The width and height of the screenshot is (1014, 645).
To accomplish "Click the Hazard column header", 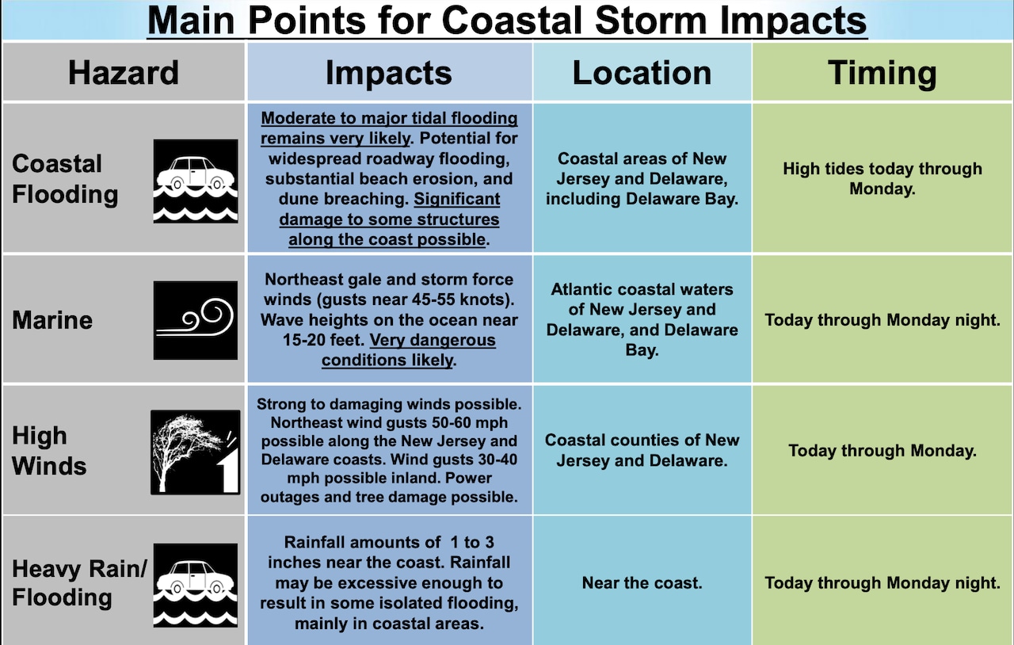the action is click(123, 72).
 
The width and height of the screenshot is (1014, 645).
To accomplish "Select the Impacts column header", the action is click(389, 72).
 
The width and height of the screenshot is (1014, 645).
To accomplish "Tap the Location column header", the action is click(642, 72).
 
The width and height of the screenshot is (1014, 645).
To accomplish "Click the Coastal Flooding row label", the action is click(65, 179).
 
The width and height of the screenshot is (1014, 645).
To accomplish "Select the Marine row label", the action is click(52, 320).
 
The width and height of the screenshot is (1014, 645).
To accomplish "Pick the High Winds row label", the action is click(49, 451).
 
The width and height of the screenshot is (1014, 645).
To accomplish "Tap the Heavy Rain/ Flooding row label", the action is click(80, 583).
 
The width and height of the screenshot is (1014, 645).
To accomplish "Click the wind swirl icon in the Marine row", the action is click(196, 320).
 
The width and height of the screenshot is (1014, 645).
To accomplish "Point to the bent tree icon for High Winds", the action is click(196, 452).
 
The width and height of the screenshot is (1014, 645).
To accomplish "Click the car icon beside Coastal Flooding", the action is click(196, 181).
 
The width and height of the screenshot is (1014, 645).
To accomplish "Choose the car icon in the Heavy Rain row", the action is click(196, 586).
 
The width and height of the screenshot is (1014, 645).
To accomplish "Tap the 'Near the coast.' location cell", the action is click(642, 583).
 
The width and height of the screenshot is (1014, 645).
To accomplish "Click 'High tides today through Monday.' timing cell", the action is click(882, 178).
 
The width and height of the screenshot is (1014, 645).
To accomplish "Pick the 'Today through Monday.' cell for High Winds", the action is click(882, 451).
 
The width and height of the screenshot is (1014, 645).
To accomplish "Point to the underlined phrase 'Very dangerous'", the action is click(433, 340).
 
